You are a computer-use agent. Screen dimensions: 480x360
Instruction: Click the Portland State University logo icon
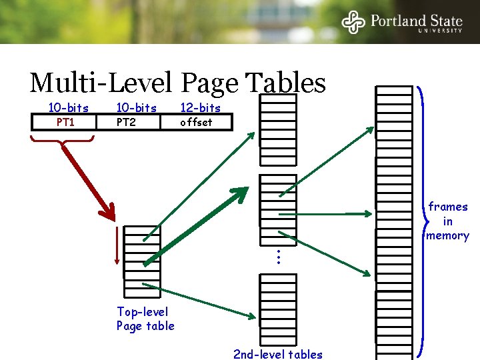pyautogui.click(x=354, y=21)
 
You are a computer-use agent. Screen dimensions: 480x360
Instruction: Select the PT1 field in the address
pyautogui.click(x=65, y=122)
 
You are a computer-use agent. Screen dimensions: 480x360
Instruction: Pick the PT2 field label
pyautogui.click(x=126, y=122)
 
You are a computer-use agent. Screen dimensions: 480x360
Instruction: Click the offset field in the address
pyautogui.click(x=196, y=122)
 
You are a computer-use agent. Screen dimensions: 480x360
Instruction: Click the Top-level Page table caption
pyautogui.click(x=145, y=319)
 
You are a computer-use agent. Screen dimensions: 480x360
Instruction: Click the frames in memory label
pyautogui.click(x=448, y=221)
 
